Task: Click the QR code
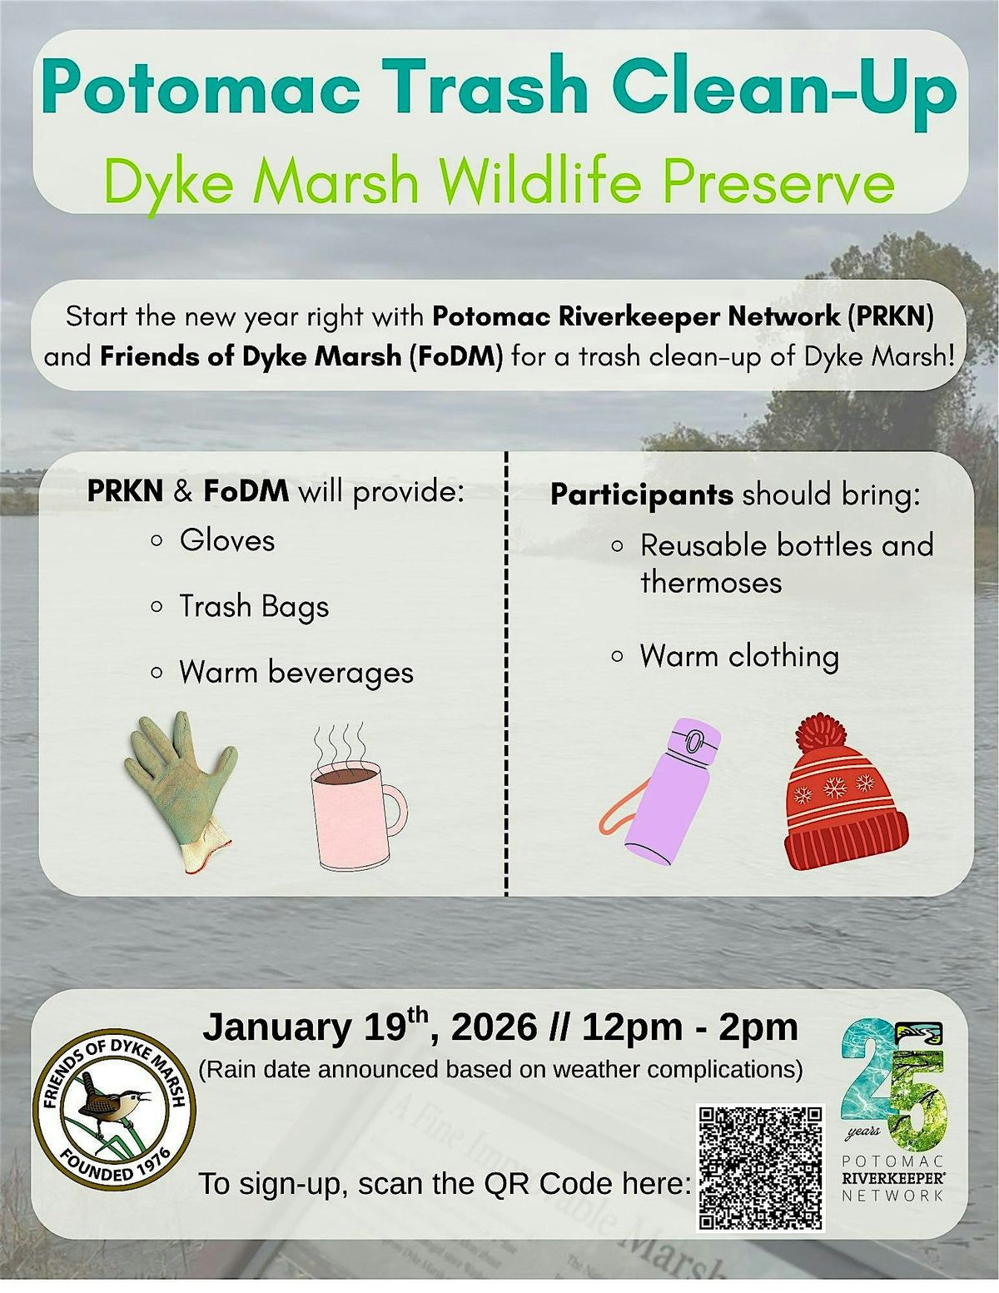[x=760, y=1168]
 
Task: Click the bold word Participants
[x=641, y=495]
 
